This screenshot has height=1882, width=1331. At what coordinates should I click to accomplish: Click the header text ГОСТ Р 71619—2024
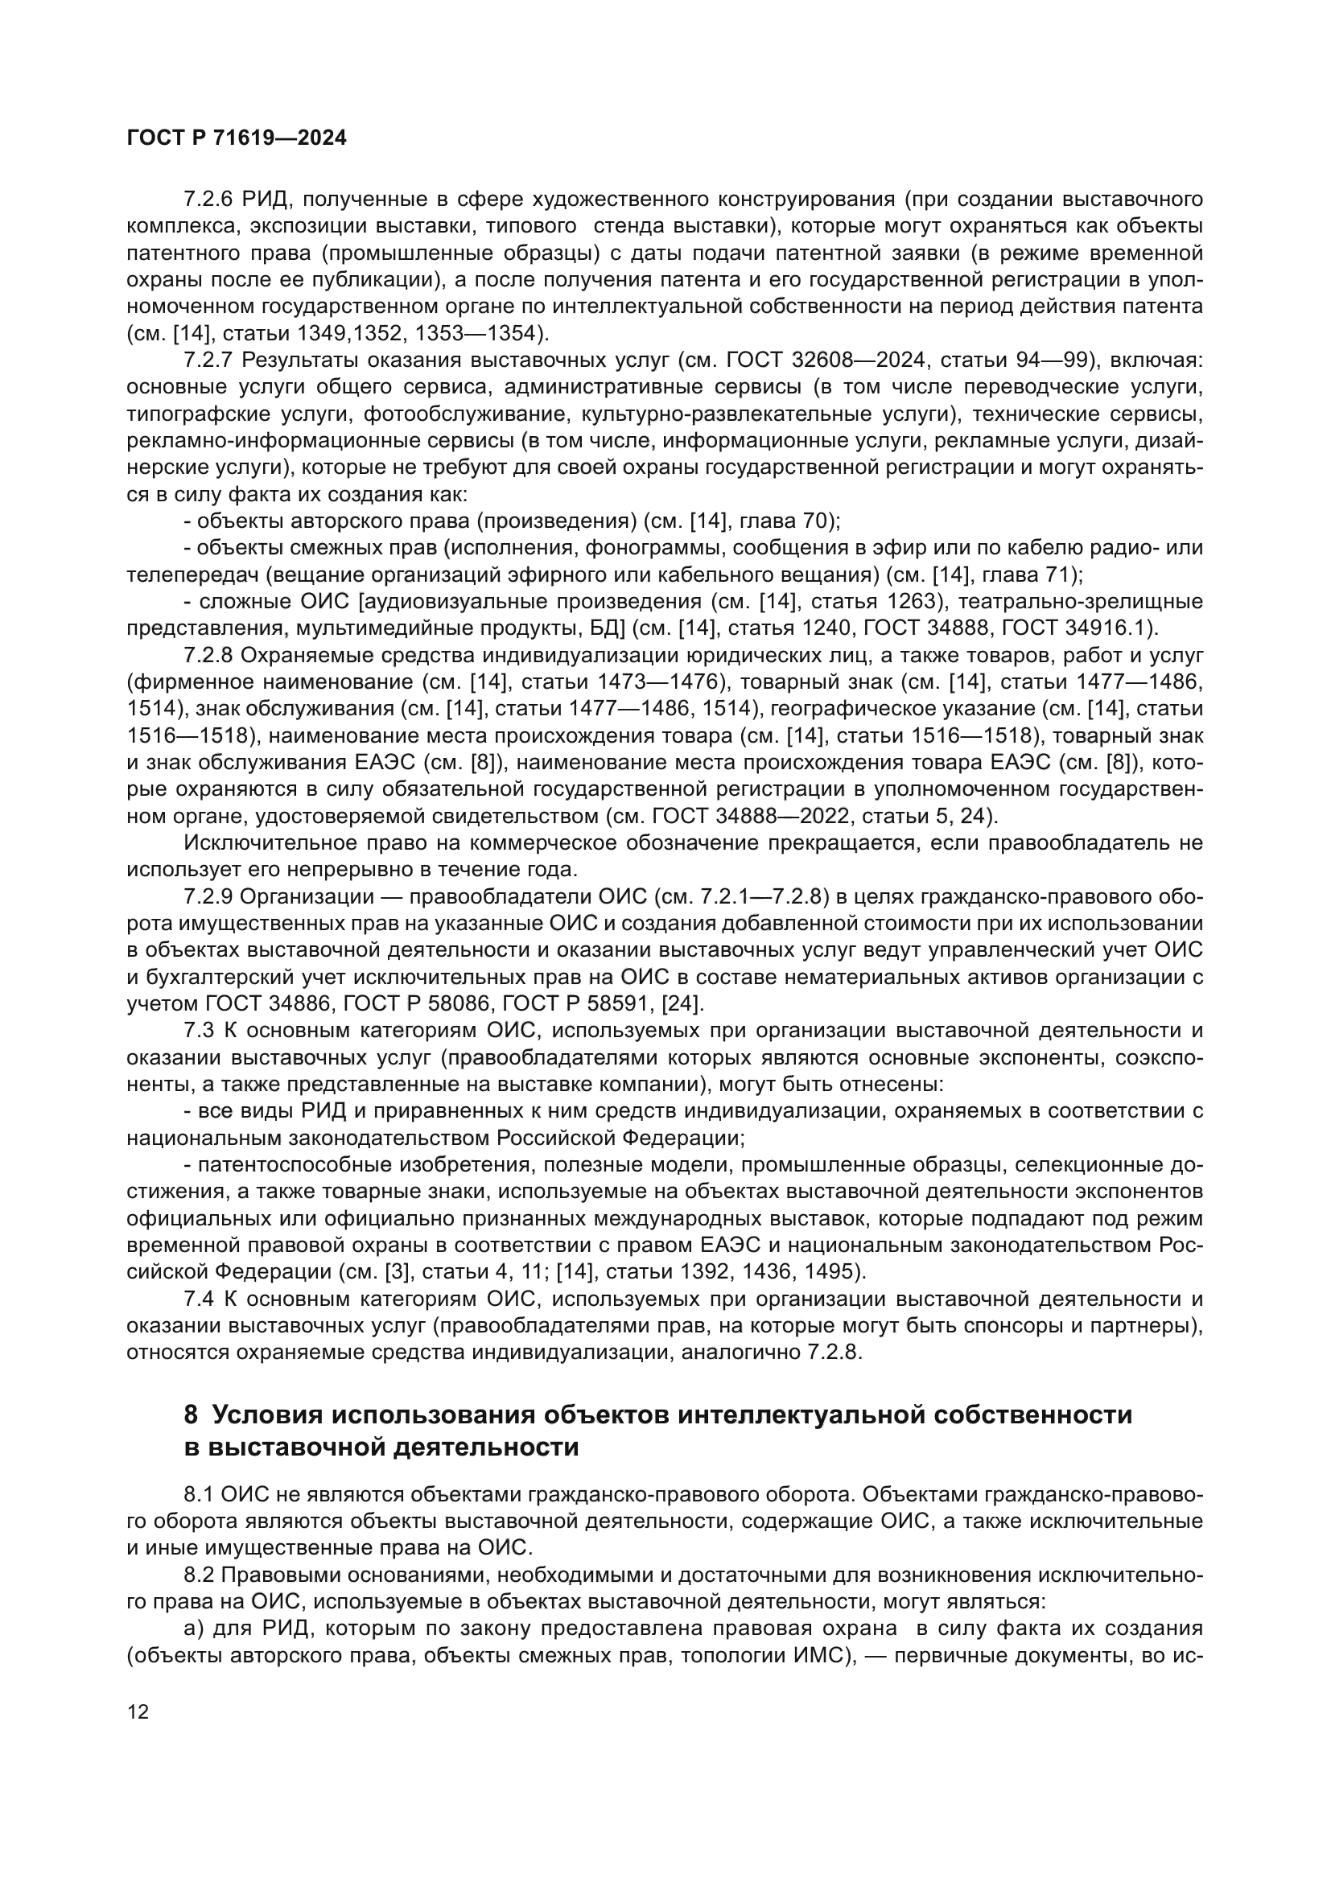coord(237,138)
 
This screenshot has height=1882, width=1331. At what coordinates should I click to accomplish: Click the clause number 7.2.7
coord(209,360)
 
